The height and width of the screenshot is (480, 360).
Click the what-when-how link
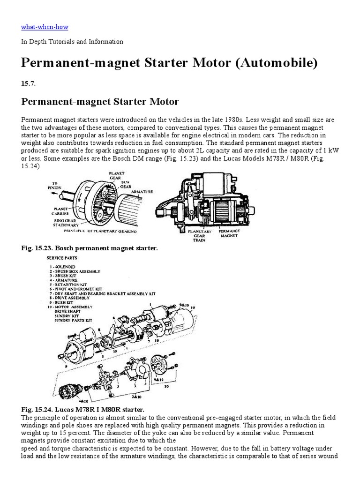45,27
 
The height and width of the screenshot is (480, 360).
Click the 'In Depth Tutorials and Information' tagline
72,42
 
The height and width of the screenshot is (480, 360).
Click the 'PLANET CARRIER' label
61,211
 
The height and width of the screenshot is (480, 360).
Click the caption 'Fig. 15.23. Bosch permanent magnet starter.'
90,248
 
